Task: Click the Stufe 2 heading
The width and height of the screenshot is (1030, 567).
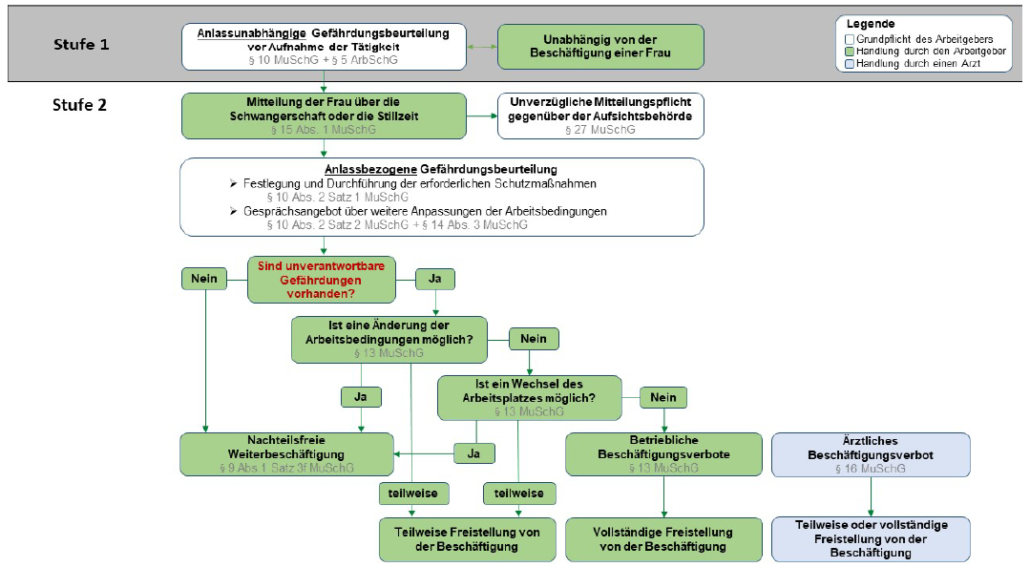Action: (x=79, y=105)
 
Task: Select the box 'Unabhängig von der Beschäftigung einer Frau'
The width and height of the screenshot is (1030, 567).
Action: (x=600, y=46)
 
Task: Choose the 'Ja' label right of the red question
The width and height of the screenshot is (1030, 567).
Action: (x=434, y=279)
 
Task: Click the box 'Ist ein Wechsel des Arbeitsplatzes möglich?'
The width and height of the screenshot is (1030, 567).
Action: (x=528, y=397)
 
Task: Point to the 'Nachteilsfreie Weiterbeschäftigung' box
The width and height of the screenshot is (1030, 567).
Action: (x=286, y=453)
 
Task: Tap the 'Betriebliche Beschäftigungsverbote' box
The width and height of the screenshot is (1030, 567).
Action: (x=663, y=453)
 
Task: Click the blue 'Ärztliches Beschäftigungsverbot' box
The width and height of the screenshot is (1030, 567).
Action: (x=870, y=453)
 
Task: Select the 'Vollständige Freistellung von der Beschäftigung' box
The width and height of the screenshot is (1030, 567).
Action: (x=663, y=538)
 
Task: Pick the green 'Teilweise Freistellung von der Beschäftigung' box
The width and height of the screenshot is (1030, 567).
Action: (x=461, y=538)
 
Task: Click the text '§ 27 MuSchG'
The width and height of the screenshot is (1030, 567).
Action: (x=600, y=129)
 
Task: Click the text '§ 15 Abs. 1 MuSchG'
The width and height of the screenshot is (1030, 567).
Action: (x=324, y=129)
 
